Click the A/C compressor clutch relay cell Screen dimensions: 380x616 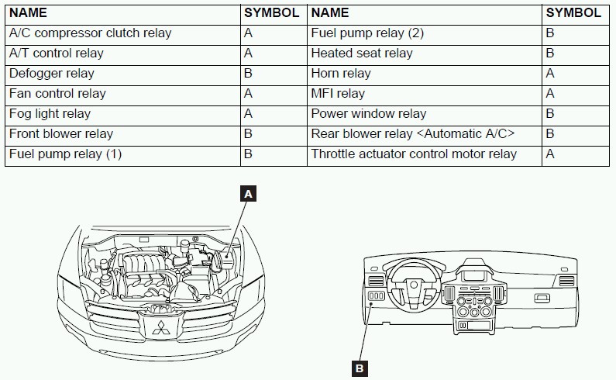(90, 33)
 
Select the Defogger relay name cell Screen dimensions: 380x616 (52, 74)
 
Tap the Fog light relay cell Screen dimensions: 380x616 (50, 114)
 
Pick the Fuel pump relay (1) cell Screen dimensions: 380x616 (65, 154)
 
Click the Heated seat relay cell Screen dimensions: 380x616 (362, 54)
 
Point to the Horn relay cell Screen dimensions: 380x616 (341, 74)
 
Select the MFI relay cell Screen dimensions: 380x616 (338, 94)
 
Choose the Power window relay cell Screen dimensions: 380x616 (369, 114)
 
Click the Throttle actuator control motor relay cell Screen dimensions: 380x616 (414, 154)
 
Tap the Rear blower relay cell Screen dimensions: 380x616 (413, 134)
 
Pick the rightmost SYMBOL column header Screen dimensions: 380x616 (573, 12)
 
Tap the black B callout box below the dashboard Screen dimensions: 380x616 (359, 368)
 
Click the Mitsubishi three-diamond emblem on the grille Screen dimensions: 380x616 (161, 328)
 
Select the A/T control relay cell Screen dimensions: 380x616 (56, 54)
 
